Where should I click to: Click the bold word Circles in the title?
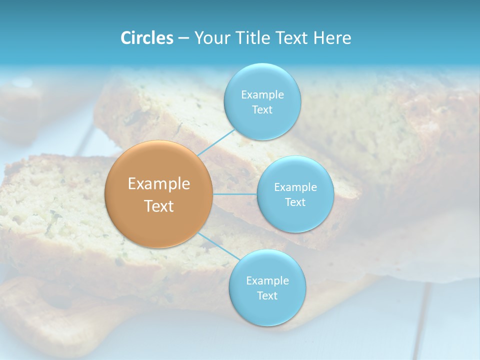(147, 38)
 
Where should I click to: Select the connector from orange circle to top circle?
(215, 142)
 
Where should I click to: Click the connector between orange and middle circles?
(235, 194)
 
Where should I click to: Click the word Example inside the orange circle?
(159, 184)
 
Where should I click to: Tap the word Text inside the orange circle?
(159, 206)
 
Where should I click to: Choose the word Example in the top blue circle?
(262, 94)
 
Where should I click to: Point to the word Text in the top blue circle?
(262, 109)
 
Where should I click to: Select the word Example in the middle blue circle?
(295, 187)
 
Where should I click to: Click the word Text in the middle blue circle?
(295, 202)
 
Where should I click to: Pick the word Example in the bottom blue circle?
(267, 280)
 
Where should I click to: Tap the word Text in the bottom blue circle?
(267, 295)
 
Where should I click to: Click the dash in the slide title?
(183, 38)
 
